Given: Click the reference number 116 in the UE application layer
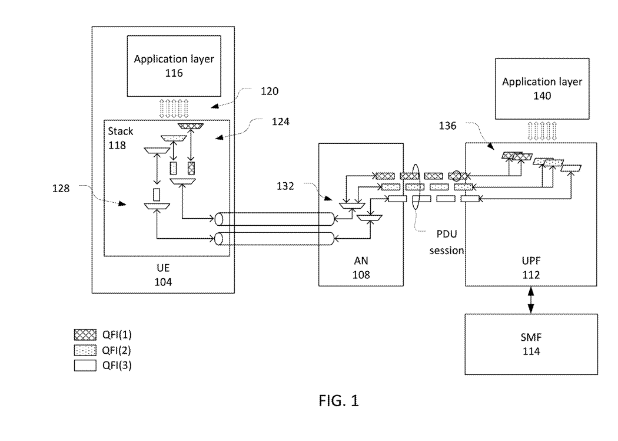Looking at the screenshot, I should pyautogui.click(x=166, y=73).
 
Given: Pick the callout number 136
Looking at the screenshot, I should pyautogui.click(x=448, y=125).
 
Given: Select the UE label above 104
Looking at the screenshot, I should pyautogui.click(x=164, y=266).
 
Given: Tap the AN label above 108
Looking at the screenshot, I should pyautogui.click(x=361, y=260).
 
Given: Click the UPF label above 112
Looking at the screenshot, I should pyautogui.click(x=531, y=260).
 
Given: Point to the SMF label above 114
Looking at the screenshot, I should pyautogui.click(x=531, y=338).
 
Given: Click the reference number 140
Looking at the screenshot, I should pyautogui.click(x=541, y=96).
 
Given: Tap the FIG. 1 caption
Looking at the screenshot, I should pyautogui.click(x=336, y=402).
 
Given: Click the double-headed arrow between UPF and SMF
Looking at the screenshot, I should pyautogui.click(x=531, y=300).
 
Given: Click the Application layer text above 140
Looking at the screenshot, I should pyautogui.click(x=541, y=81).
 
